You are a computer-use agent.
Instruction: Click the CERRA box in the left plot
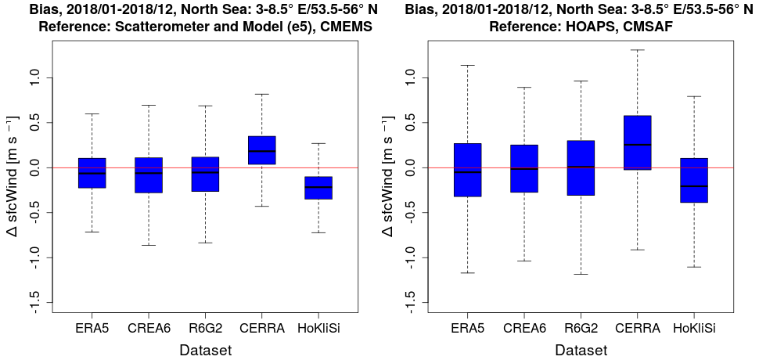pos(261,150)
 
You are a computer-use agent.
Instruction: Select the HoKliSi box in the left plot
pos(318,188)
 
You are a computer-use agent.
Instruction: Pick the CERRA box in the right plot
pos(638,142)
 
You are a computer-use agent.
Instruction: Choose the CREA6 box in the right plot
pos(523,168)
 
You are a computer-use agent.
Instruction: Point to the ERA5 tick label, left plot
pos(92,329)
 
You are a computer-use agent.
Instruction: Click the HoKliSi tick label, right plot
pos(695,329)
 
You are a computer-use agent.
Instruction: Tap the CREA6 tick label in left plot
pos(149,329)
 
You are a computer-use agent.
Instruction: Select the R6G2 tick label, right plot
pos(581,329)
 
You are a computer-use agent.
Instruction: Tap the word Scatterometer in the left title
pos(150,26)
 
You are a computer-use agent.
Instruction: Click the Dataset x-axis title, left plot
pos(204,350)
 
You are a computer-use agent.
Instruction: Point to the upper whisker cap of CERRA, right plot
pos(638,50)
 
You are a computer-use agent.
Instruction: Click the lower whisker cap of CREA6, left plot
pos(148,245)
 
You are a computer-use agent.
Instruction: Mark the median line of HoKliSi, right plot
pos(694,186)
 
